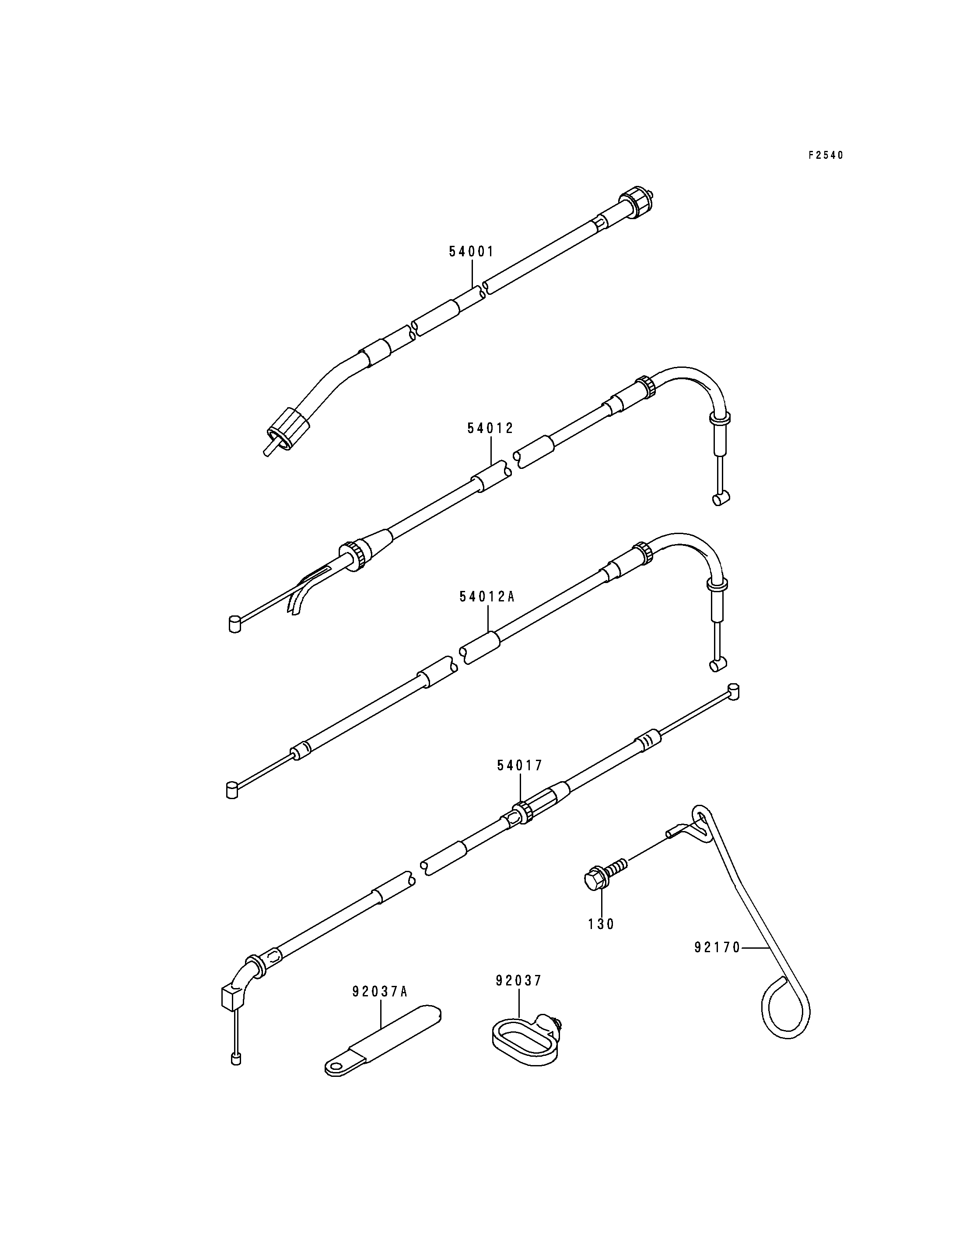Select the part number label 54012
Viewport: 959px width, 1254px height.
pos(490,428)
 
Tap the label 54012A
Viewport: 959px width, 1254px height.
pos(487,597)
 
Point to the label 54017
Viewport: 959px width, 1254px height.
pos(519,766)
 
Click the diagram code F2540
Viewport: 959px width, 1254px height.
pos(826,155)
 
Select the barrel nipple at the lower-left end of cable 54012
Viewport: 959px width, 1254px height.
pos(234,623)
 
